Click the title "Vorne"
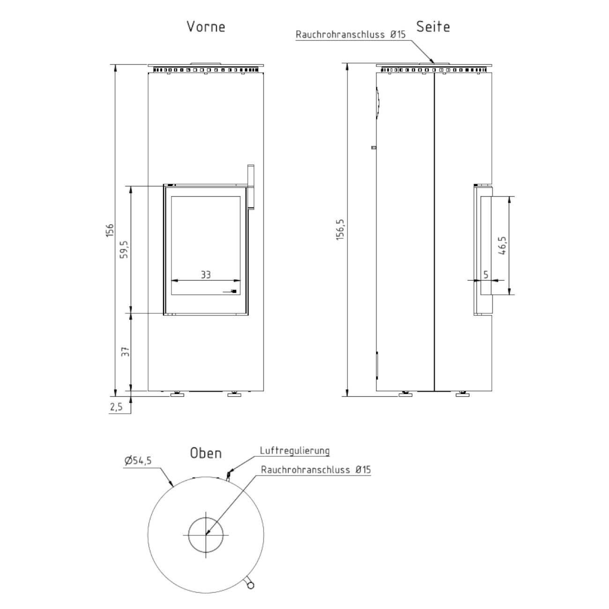click(206, 27)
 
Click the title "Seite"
click(433, 27)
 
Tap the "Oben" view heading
click(206, 453)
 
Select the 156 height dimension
click(110, 230)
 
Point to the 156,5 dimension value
click(340, 230)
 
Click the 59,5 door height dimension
click(124, 249)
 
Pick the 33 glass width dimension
click(206, 275)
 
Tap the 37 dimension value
click(126, 352)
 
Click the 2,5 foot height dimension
click(116, 407)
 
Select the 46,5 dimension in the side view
click(502, 245)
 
